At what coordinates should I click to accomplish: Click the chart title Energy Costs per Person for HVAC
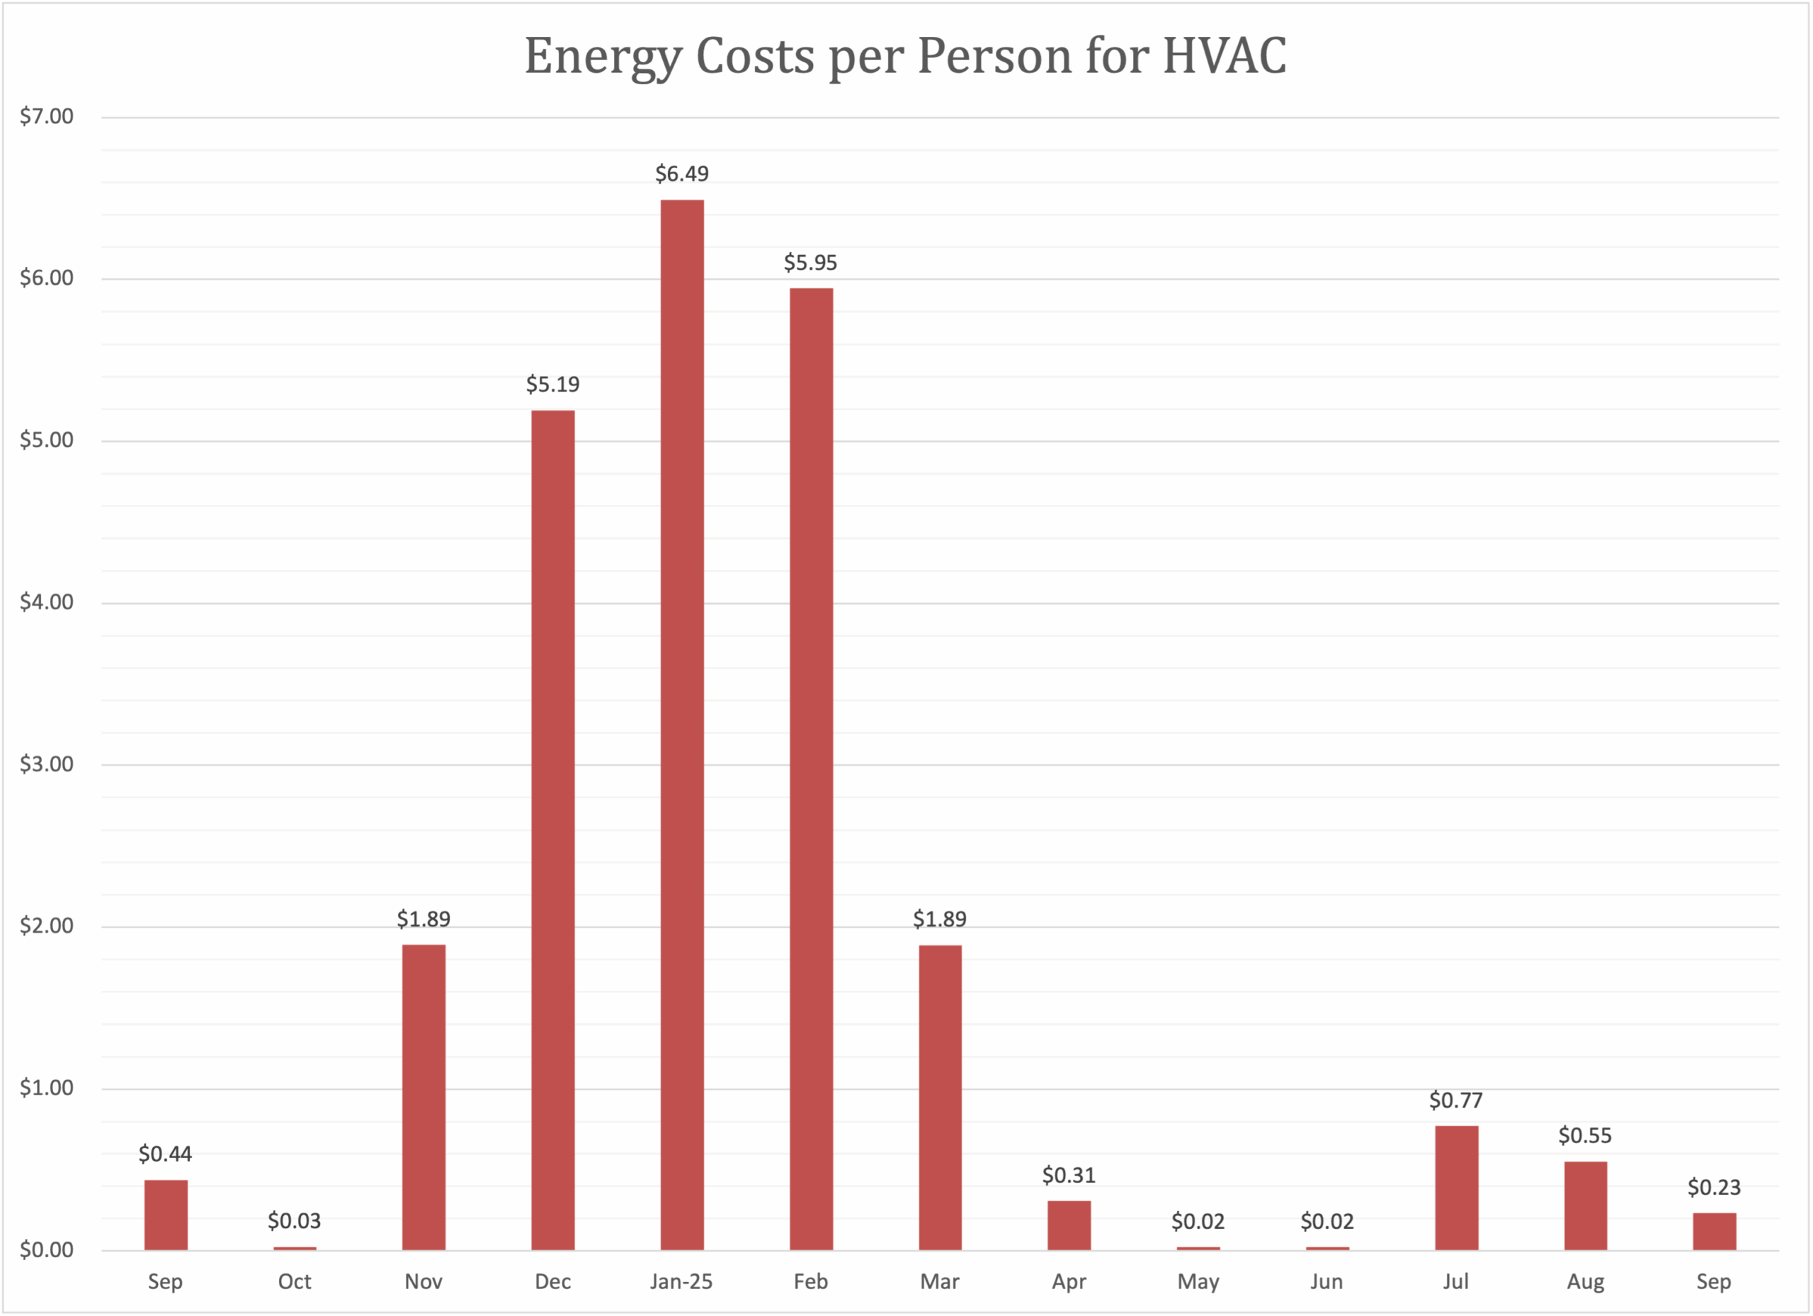[905, 56]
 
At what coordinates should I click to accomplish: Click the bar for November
[424, 1097]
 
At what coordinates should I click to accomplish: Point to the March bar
[940, 1097]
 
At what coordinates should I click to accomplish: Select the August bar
[1585, 1205]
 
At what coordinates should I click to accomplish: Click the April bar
[1069, 1225]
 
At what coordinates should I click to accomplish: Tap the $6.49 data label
[682, 174]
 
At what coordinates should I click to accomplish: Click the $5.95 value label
[811, 262]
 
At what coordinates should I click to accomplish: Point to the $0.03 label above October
[294, 1221]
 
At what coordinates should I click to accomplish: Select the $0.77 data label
[1455, 1100]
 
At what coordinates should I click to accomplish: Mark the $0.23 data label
[1714, 1187]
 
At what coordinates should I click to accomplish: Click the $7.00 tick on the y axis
[46, 117]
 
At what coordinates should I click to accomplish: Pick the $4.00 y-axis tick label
[46, 602]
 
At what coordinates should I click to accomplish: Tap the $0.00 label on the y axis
[46, 1249]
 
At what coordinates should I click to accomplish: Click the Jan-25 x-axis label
[681, 1281]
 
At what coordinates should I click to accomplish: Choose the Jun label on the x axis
[1327, 1281]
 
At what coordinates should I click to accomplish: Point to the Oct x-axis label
[294, 1281]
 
